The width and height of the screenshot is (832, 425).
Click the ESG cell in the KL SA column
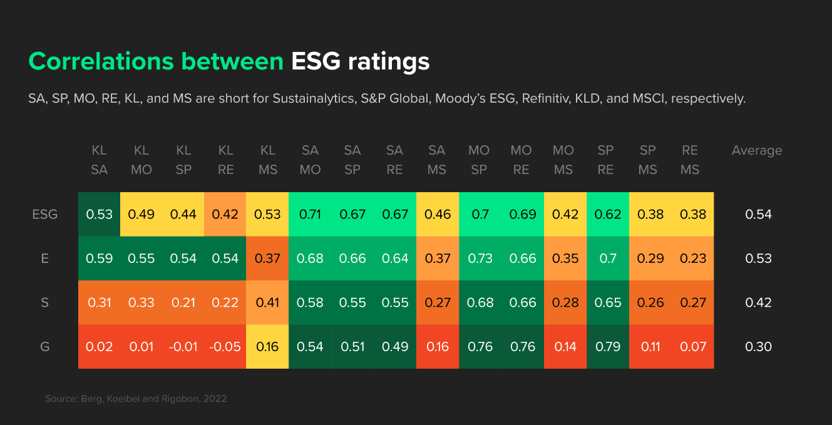[x=99, y=214]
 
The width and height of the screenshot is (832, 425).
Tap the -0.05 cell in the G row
[x=225, y=347]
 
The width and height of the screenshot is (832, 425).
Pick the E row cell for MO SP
[x=480, y=259]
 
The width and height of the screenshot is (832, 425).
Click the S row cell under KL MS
[x=268, y=303]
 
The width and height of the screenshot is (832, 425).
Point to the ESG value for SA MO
[x=311, y=214]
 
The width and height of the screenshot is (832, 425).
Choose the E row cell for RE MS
[x=692, y=259]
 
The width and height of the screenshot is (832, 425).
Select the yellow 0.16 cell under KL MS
[x=268, y=347]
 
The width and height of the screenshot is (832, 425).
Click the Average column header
[x=756, y=150]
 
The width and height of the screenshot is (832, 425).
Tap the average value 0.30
[x=758, y=347]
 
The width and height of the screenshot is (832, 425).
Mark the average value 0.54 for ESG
[x=758, y=214]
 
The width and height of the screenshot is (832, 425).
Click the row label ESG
[x=44, y=214]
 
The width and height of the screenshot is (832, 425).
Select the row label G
[x=44, y=347]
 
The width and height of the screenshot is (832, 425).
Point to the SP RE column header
[x=605, y=160]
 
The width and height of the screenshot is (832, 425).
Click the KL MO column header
[x=141, y=160]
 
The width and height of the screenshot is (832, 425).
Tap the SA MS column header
[x=436, y=160]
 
